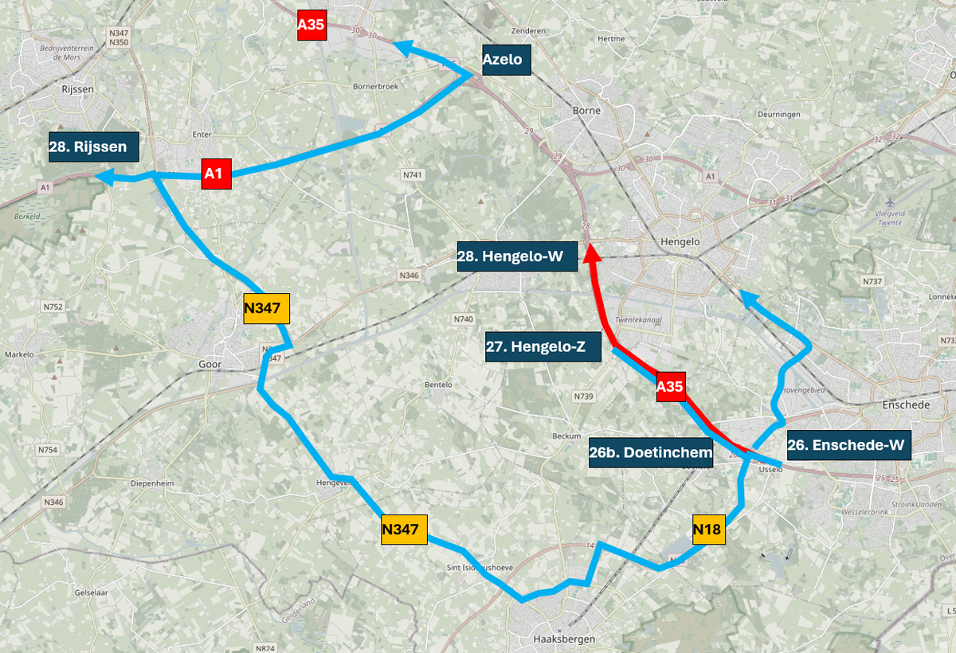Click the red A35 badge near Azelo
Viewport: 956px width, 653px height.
coord(311,25)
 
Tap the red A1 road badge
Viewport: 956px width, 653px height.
coord(216,174)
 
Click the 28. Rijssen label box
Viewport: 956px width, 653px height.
coord(93,147)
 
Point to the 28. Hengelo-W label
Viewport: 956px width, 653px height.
coord(517,256)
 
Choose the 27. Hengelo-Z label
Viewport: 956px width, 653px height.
coord(543,347)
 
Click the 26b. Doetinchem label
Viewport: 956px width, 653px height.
coord(651,452)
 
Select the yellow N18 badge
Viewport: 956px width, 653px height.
coord(709,530)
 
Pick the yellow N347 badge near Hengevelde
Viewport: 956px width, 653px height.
coord(405,530)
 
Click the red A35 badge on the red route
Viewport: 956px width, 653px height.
coord(670,388)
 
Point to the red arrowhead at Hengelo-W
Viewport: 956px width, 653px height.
coord(590,254)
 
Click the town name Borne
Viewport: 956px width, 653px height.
coord(586,111)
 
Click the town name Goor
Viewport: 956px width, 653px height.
coord(208,365)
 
